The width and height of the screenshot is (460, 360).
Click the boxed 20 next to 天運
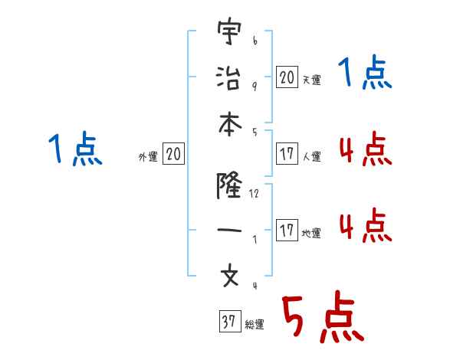point(287,77)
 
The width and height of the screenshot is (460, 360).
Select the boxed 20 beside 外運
point(173,155)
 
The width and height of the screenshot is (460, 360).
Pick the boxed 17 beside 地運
point(287,231)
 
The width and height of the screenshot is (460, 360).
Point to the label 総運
point(255,325)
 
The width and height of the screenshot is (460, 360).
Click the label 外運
point(147,157)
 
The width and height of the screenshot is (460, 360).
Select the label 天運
point(311,79)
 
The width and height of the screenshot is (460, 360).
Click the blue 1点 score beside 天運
point(365,74)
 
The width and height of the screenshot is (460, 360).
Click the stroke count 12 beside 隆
point(254,194)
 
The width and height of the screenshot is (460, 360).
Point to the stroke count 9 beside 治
point(254,85)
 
